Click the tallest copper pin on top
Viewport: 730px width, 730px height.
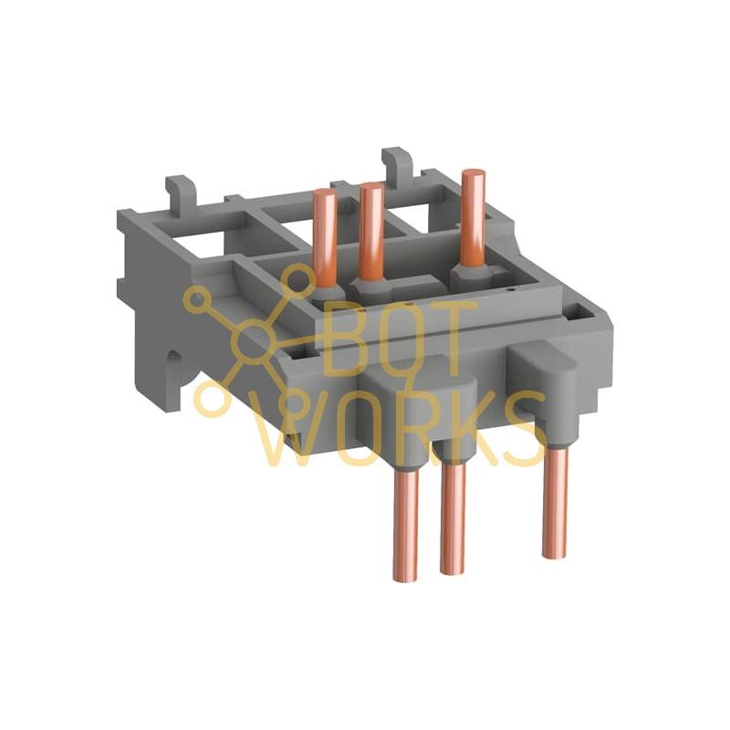tap(474, 219)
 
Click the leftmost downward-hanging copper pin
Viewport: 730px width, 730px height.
tap(405, 524)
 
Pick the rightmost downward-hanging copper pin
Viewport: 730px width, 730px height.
tap(555, 502)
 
